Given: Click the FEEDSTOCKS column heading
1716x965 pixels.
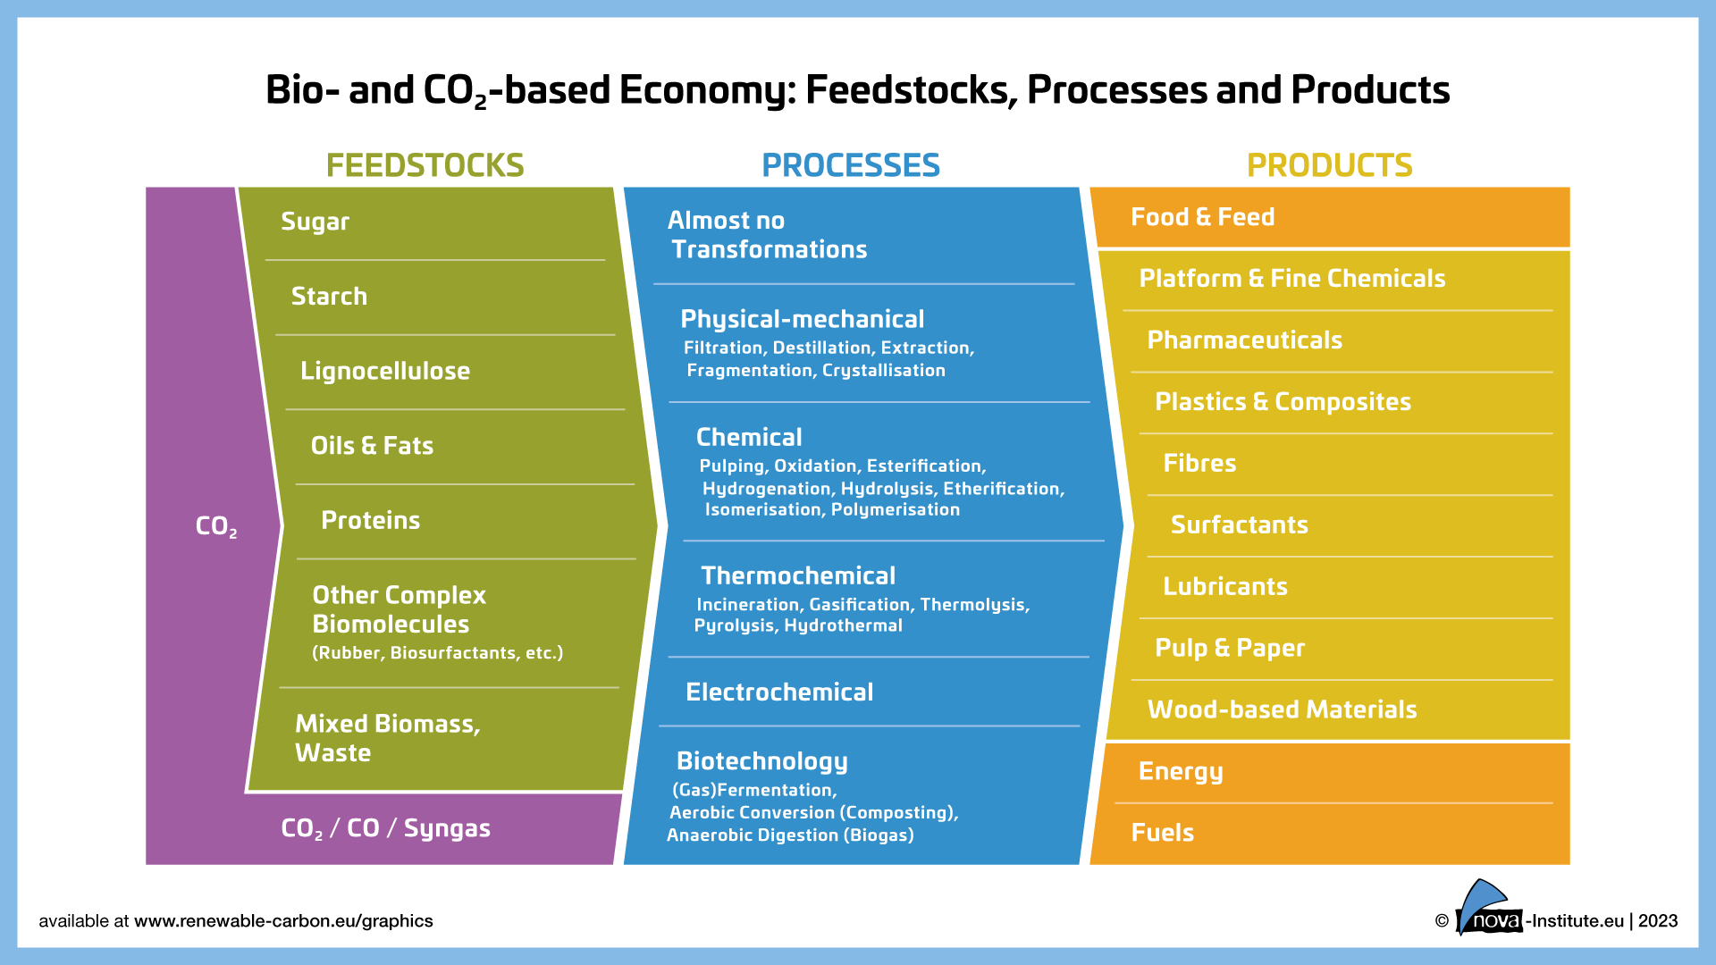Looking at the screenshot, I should pos(425,165).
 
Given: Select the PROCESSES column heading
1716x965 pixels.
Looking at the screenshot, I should pos(850,165).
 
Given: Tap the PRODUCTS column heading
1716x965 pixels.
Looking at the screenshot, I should pos(1329,165).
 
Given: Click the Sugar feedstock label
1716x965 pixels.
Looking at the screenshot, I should pos(315,222).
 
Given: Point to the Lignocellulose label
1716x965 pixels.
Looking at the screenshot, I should pos(384,371).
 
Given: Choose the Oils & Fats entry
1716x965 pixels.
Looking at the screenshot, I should pos(372,445).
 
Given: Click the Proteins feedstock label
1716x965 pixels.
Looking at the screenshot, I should pos(370,520).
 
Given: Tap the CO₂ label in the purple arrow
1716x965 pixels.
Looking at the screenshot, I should pos(216,526).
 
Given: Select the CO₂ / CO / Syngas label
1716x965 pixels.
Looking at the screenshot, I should pos(385,828).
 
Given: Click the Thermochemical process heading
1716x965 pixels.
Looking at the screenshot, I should pos(797,575).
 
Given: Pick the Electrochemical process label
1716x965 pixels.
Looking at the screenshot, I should pos(779,692).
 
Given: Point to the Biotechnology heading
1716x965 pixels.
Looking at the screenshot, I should pos(761,760).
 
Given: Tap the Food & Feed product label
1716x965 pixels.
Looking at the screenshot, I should pos(1202,217).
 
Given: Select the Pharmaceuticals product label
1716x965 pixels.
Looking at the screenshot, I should pos(1244,340).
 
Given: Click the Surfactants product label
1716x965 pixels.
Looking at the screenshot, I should pos(1239,524).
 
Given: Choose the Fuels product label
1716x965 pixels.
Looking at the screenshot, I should pos(1162,833).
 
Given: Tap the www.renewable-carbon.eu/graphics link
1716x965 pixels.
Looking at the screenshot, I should pos(283,921).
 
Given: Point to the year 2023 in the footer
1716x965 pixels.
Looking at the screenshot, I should pos(1658,921).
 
